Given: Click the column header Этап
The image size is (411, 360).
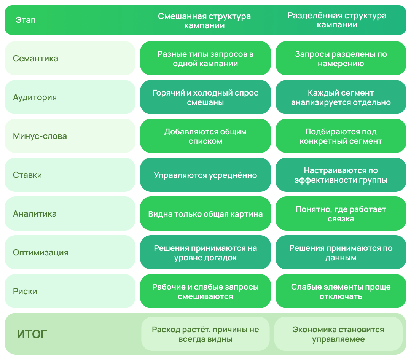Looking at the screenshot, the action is (25, 20).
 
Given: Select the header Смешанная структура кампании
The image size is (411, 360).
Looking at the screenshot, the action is (204, 21).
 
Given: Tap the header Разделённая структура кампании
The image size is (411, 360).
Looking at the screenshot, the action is (337, 20).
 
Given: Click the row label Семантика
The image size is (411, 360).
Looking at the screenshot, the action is (35, 58).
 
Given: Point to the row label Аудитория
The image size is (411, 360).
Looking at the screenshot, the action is (35, 97).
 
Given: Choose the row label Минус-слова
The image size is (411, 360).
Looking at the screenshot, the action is (40, 136).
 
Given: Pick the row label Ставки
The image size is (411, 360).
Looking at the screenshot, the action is (27, 175).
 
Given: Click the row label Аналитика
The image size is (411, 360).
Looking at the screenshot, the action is (35, 213).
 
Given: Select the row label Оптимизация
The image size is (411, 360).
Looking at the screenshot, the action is (41, 252).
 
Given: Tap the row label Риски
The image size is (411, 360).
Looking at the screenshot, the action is (25, 291).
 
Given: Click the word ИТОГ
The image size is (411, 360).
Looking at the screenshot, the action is (32, 334).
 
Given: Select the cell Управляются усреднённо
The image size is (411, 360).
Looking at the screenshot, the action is (205, 175).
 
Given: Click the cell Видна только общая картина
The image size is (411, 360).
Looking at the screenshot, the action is (205, 213).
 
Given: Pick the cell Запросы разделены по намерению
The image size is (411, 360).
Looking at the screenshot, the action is (341, 58).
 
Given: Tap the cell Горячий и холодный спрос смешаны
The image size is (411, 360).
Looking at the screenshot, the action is (205, 97).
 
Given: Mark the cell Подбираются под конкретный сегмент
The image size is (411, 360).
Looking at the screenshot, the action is (341, 136).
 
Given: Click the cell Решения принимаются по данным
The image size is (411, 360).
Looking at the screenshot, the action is (341, 252).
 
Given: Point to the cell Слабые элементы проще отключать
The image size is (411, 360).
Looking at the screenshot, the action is (341, 291).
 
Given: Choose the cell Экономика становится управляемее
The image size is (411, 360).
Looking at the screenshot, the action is (338, 334).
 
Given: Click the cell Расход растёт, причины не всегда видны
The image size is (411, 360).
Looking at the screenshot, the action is (205, 334).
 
